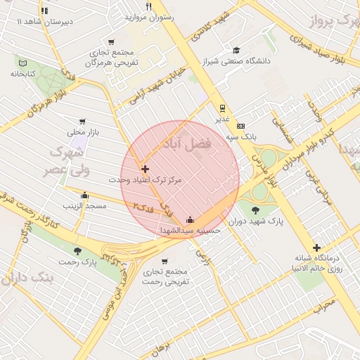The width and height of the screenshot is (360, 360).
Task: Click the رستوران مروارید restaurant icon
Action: pos(148,6)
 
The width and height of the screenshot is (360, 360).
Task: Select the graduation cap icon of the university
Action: pos(237,50)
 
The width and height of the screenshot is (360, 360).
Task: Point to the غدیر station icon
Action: pos(222,108)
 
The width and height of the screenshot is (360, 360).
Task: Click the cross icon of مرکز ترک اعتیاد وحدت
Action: pos(146,169)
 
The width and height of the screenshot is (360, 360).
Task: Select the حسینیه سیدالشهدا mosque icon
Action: pos(190,219)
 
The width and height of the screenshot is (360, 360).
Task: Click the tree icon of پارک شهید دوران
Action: pos(255,209)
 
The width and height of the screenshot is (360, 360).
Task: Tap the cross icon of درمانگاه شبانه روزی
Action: pos(317,247)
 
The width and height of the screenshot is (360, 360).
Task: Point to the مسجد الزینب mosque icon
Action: pos(85,195)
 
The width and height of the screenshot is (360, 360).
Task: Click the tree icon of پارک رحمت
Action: pos(77,251)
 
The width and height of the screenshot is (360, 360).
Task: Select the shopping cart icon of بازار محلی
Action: pos(82,122)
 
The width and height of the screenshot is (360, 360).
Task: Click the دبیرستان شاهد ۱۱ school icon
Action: pos(45,11)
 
